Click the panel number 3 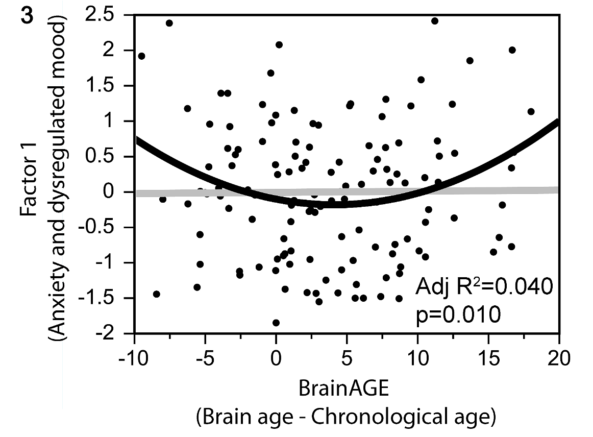pyautogui.click(x=27, y=15)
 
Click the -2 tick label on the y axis pyautogui.click(x=120, y=333)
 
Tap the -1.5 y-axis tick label pyautogui.click(x=111, y=298)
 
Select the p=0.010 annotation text pyautogui.click(x=458, y=314)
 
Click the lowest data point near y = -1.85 pyautogui.click(x=276, y=323)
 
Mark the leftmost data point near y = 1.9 pyautogui.click(x=142, y=56)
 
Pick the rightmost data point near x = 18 pyautogui.click(x=531, y=111)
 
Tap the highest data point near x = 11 pyautogui.click(x=435, y=21)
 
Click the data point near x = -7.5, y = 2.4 pyautogui.click(x=169, y=23)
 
